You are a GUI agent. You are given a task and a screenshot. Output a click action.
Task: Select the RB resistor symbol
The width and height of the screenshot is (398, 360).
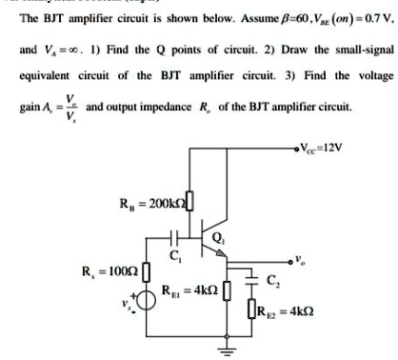(x=188, y=202)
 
